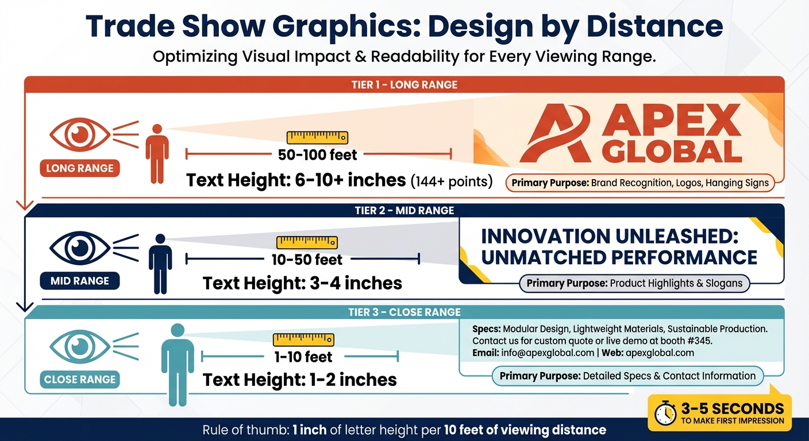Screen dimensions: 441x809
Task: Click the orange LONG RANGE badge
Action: [x=80, y=168]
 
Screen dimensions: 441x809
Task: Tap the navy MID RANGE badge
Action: [x=80, y=281]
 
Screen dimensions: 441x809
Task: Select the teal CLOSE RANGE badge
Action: [x=80, y=380]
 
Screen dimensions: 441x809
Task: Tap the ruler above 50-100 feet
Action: [x=317, y=138]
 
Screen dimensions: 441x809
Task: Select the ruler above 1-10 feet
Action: [x=303, y=339]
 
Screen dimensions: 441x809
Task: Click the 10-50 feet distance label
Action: [x=307, y=260]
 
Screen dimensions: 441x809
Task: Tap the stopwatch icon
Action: [x=666, y=412]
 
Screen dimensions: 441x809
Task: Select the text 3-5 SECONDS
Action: [x=733, y=408]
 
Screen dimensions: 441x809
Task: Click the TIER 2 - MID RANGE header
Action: [x=404, y=211]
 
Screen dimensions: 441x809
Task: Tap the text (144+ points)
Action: [x=452, y=181]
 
